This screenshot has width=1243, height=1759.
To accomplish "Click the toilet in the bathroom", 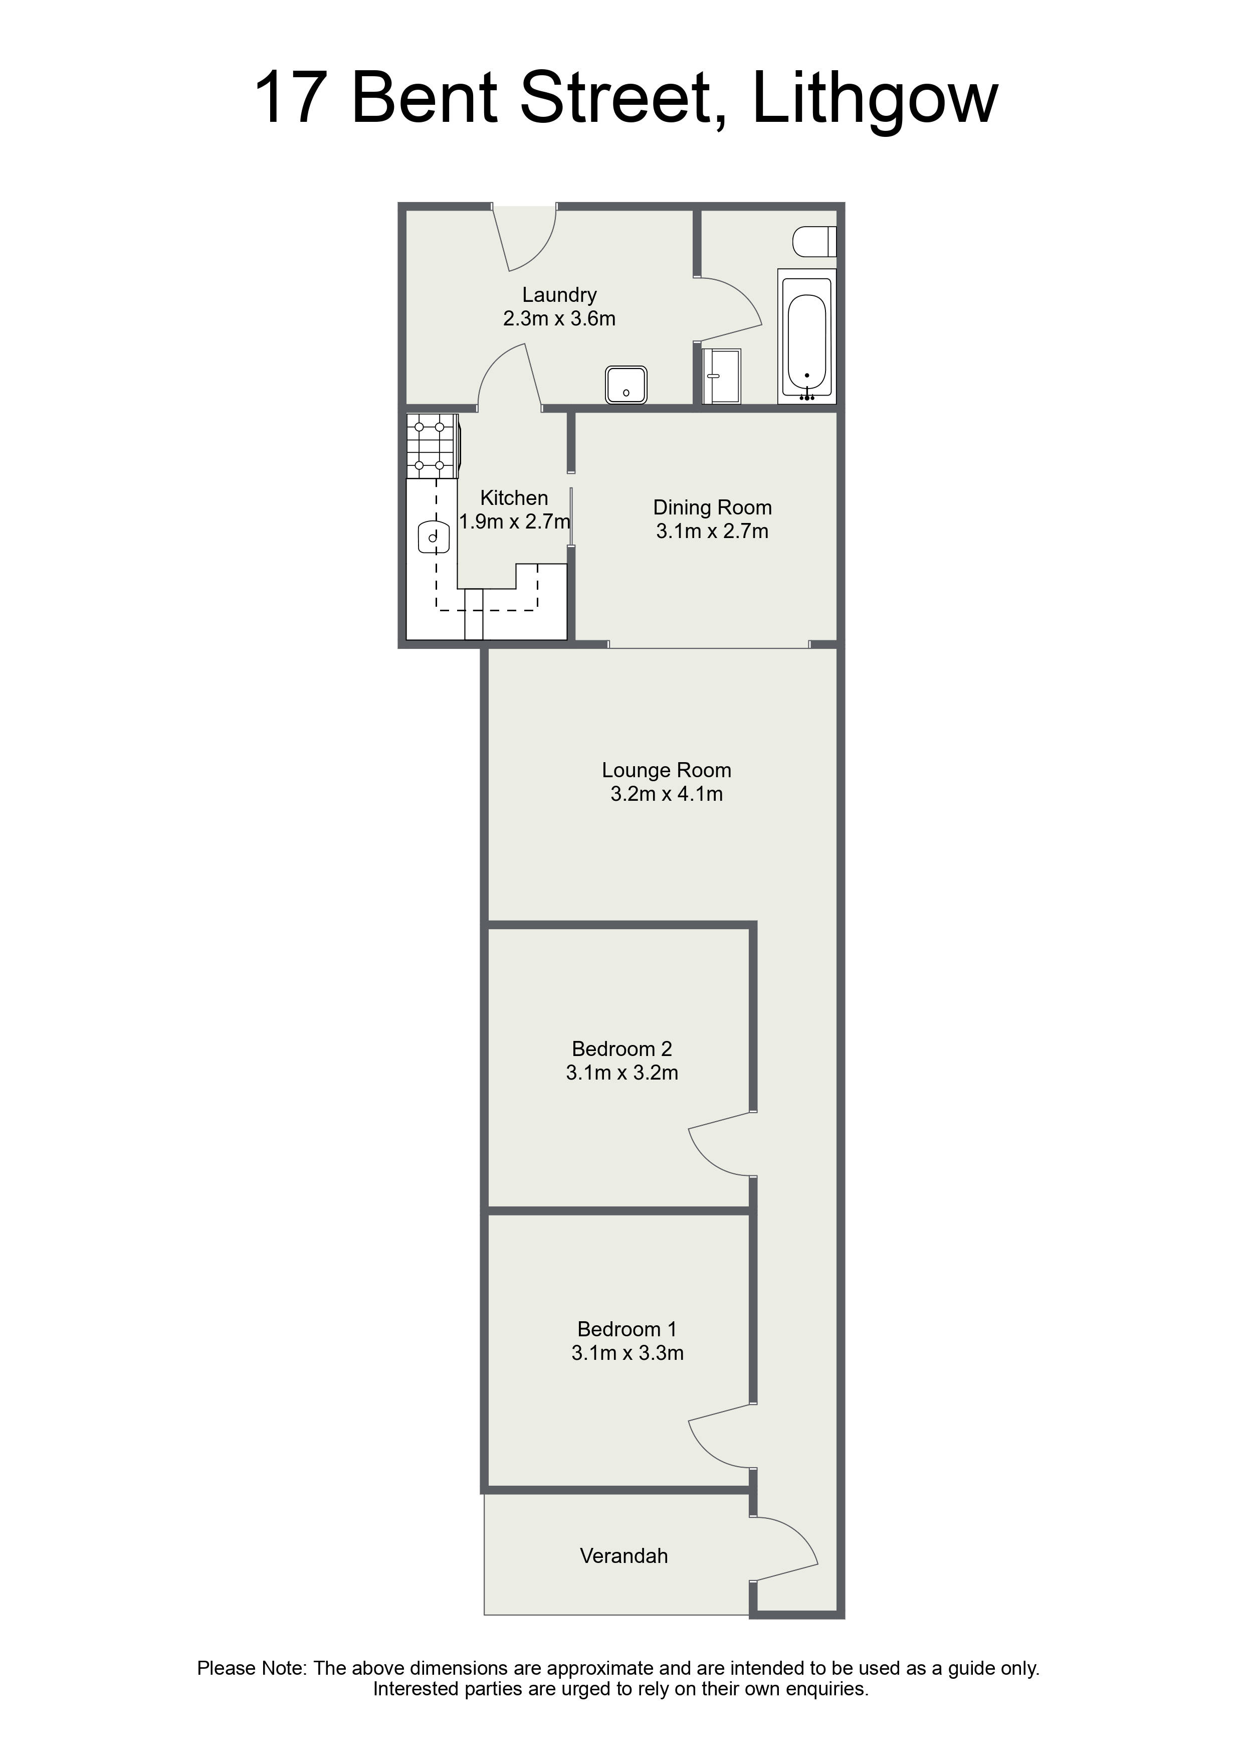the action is (x=814, y=241).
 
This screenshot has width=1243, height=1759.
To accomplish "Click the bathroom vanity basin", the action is (x=721, y=376).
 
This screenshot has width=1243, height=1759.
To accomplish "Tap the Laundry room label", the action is (x=559, y=294).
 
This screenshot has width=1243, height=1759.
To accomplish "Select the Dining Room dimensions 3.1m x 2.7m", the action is (x=712, y=531).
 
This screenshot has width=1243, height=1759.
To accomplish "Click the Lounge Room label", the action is (x=666, y=770).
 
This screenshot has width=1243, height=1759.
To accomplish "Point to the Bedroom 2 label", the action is (x=622, y=1049).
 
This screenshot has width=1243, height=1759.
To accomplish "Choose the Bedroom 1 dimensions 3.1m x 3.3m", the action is (x=627, y=1353).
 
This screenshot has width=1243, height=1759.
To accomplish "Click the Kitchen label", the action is (x=514, y=498).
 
